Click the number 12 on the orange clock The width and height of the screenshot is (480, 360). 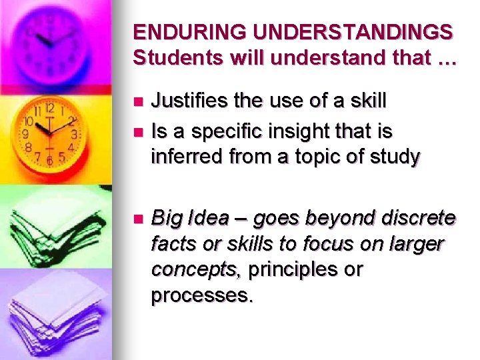pyautogui.click(x=49, y=107)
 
